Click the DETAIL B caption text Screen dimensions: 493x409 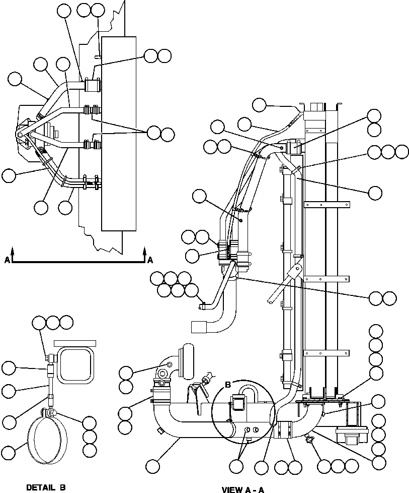click(x=46, y=487)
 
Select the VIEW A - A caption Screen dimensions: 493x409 click(x=242, y=489)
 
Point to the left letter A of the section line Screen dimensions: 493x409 click(x=7, y=260)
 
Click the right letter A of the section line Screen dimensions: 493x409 click(x=150, y=260)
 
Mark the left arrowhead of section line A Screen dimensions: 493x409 click(x=13, y=250)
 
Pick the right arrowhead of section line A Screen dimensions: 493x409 click(x=144, y=250)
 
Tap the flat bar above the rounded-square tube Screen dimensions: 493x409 click(x=75, y=343)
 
